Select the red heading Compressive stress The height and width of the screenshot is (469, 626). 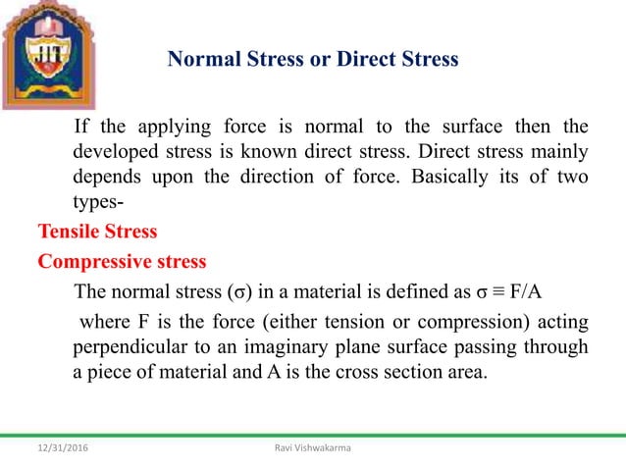coord(122,263)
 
